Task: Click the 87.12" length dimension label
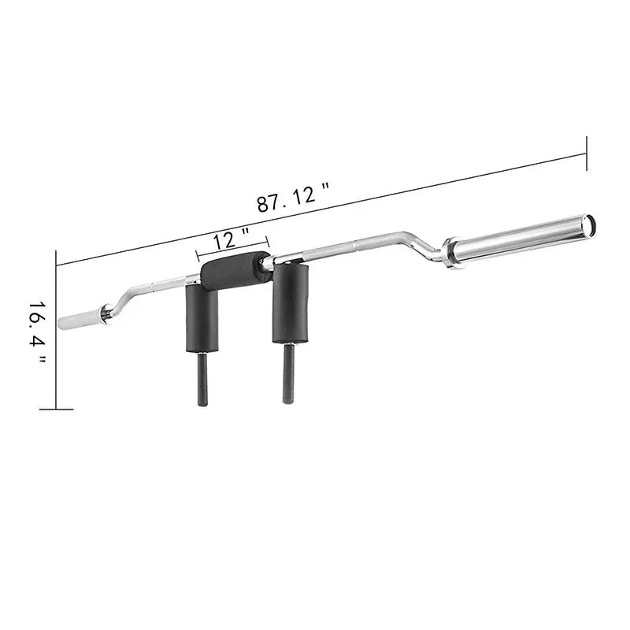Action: pyautogui.click(x=293, y=197)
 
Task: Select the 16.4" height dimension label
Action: pyautogui.click(x=37, y=333)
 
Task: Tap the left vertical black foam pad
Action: pyautogui.click(x=202, y=318)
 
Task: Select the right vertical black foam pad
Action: pyautogui.click(x=290, y=304)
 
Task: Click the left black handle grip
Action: pyautogui.click(x=202, y=379)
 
